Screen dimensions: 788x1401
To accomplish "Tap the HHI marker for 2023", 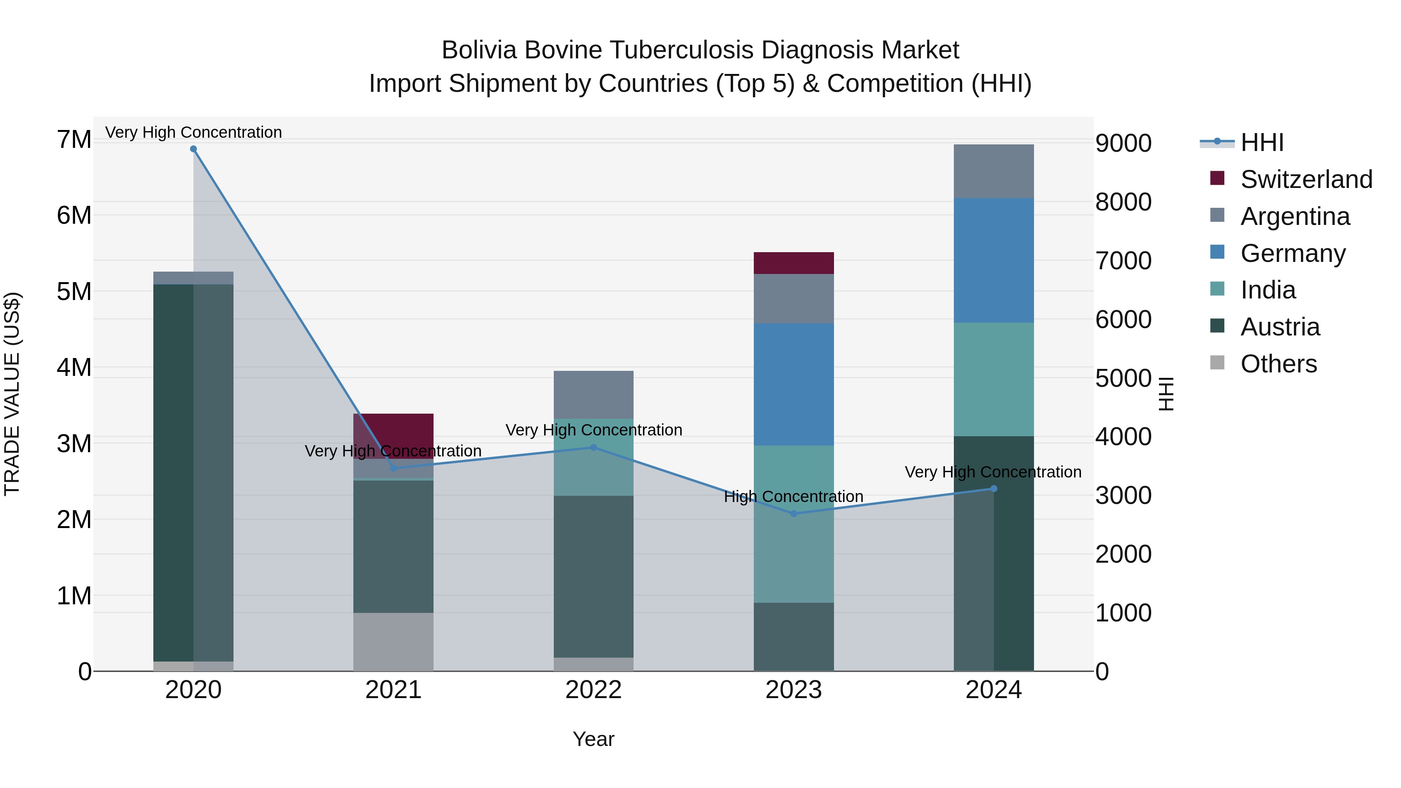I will pyautogui.click(x=794, y=513).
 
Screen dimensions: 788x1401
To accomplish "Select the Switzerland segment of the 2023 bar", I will pyautogui.click(x=794, y=263).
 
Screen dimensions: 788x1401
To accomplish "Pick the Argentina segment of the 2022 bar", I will pyautogui.click(x=593, y=395).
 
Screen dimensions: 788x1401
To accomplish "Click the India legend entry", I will pyautogui.click(x=1268, y=290).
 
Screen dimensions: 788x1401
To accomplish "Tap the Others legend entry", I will pyautogui.click(x=1278, y=364).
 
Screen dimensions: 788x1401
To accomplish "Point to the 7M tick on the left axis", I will pyautogui.click(x=74, y=140).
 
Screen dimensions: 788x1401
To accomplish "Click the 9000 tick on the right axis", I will pyautogui.click(x=1123, y=144).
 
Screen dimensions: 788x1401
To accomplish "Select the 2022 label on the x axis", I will pyautogui.click(x=593, y=690).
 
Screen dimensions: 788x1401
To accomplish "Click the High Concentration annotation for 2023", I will pyautogui.click(x=794, y=497).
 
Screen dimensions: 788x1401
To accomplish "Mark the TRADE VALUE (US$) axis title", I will pyautogui.click(x=12, y=394).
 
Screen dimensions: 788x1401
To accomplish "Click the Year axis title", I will pyautogui.click(x=593, y=739).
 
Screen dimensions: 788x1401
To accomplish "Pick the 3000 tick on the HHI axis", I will pyautogui.click(x=1123, y=495).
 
